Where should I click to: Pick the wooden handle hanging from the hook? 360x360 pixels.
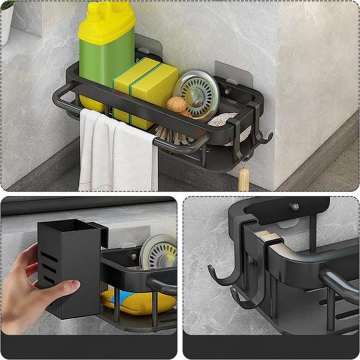(x=244, y=179)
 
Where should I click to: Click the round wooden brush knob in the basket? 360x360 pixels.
(x=177, y=105)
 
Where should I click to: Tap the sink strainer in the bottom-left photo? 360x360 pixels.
(x=158, y=252)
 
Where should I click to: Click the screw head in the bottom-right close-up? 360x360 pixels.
(x=294, y=206)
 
